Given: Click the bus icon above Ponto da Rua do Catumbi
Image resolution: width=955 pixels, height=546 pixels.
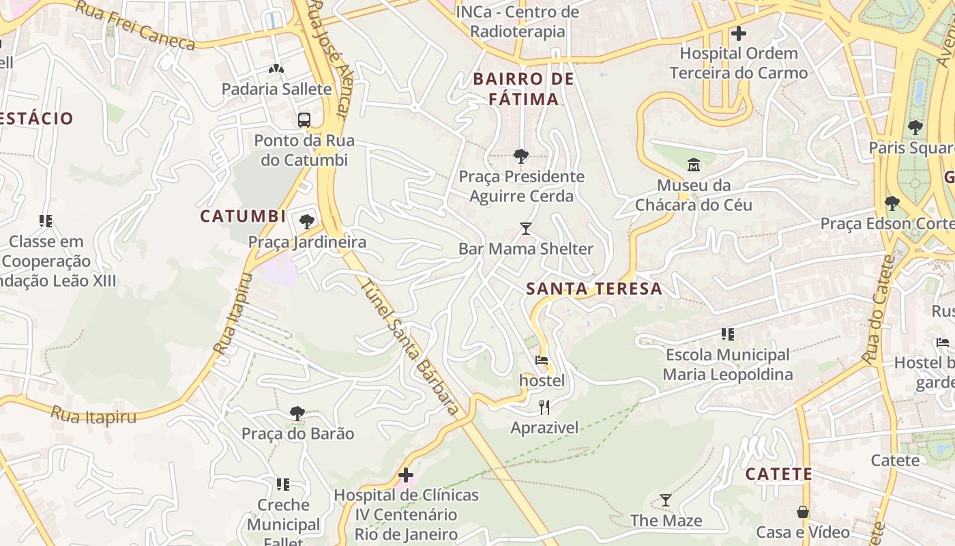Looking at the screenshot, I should coord(304,120).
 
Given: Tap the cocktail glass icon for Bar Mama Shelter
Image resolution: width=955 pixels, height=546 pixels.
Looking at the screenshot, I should coord(525,228).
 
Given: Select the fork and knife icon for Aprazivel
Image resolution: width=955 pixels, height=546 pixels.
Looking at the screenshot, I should coord(544,407).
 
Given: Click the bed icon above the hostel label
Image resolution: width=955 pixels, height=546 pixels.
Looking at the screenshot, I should coord(542,360).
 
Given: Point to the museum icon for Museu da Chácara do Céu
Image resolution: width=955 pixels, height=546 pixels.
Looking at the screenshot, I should coord(694,164).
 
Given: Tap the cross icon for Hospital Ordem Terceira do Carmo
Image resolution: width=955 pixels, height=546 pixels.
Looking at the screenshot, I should coord(738,33).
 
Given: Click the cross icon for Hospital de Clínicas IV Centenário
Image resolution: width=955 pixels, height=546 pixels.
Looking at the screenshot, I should coord(406,474).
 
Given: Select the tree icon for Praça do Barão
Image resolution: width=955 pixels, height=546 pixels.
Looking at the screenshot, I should coord(297,413).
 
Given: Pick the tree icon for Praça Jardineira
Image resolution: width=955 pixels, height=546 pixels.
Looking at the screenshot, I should coord(307,221).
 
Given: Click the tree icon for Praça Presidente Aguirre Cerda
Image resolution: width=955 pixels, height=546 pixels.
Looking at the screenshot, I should coord(521,156).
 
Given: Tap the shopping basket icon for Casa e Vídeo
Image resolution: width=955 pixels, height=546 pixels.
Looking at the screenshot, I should coord(803,512).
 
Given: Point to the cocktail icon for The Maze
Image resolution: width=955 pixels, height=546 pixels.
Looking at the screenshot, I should coord(666,500).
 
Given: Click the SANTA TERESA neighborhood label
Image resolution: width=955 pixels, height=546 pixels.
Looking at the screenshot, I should coord(594,289).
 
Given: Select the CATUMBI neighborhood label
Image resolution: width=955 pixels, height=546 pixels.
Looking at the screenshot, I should coord(243,216).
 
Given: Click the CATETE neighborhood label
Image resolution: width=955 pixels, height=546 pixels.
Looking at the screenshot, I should coord(778,474).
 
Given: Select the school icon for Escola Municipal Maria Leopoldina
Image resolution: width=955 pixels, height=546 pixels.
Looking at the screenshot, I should coord(728,334).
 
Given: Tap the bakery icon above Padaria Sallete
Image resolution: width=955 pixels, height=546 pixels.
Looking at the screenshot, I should coord(276,69).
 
